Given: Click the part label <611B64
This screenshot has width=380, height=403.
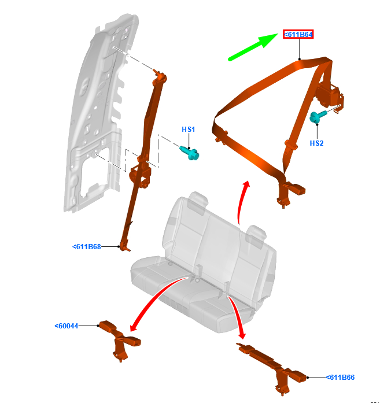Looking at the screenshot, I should point(298,35).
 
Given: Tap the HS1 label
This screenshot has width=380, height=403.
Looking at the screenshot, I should point(189,130).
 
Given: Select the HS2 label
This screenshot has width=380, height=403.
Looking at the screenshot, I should point(316,143).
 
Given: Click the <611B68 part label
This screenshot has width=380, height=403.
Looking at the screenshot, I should point(87,247).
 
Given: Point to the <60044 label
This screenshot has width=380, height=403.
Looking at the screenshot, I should point(67,326).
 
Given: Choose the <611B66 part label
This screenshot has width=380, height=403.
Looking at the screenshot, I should point(340,378).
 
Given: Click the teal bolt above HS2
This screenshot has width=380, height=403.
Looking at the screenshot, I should point(318,117).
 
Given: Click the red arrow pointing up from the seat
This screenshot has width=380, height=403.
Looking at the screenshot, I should point(242,202).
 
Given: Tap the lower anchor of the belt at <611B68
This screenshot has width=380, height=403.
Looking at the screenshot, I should point(123,245).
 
